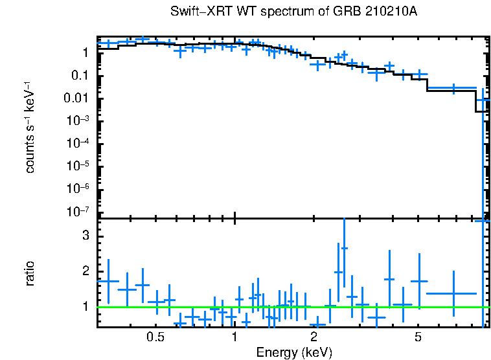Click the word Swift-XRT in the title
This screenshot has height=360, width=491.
point(195,12)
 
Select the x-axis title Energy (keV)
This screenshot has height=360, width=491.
point(293,353)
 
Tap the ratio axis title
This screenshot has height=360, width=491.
point(30,273)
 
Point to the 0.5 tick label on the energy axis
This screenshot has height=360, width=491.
point(155,337)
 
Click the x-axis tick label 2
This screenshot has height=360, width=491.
point(314,337)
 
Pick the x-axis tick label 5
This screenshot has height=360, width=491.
point(418,337)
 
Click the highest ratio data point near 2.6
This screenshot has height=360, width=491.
point(345,248)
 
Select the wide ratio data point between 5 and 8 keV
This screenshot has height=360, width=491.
point(453,293)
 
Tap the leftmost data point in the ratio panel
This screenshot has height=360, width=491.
point(108,282)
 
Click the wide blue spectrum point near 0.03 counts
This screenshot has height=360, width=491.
point(453,87)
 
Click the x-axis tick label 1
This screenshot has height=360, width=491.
point(234,337)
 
